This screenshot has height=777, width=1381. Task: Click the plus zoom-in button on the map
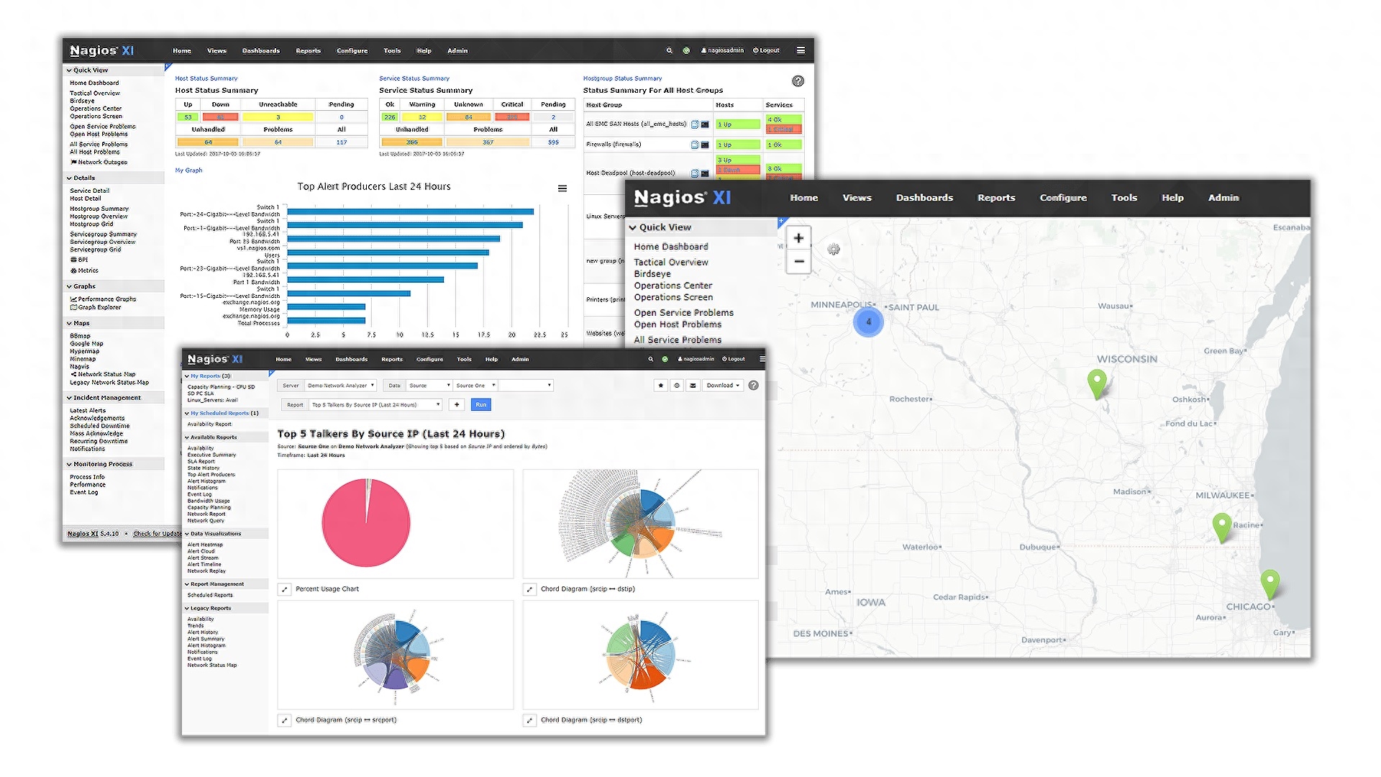click(798, 238)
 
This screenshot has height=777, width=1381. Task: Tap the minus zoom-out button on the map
click(798, 262)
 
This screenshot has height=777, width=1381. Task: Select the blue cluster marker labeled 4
click(868, 322)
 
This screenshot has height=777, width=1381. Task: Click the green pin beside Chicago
click(1270, 583)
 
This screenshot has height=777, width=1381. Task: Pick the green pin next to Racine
click(1222, 526)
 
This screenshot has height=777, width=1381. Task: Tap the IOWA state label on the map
click(870, 602)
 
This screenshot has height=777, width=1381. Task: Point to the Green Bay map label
click(1224, 351)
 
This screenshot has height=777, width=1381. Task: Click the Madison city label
click(1130, 492)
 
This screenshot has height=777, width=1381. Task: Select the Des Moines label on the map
click(821, 634)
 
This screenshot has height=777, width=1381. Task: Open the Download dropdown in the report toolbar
click(723, 386)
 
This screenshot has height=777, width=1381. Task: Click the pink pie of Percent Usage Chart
click(366, 523)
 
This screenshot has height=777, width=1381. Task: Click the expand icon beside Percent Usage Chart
click(285, 589)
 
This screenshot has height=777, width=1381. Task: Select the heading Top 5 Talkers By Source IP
click(391, 434)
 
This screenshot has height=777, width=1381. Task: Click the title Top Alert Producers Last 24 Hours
click(374, 186)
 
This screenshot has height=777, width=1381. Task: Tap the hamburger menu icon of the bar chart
click(562, 188)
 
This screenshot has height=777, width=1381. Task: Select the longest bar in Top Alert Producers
click(410, 212)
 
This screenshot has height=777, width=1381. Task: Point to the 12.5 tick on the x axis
click(427, 335)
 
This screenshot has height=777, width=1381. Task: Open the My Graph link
click(188, 171)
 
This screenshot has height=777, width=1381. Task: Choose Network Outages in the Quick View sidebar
click(102, 163)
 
